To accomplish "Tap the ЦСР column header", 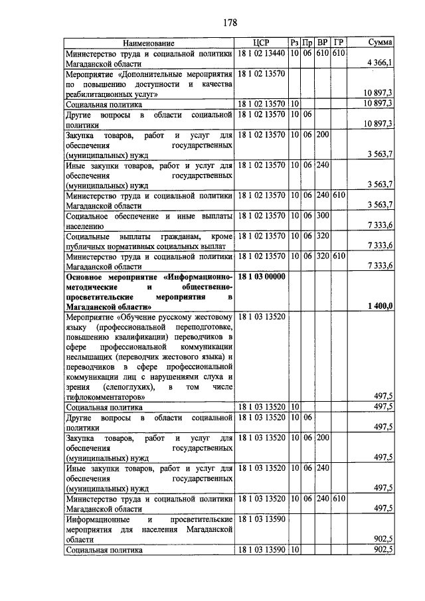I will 260,42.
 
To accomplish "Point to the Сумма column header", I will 379,42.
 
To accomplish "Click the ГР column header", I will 339,42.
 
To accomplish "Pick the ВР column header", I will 323,42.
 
